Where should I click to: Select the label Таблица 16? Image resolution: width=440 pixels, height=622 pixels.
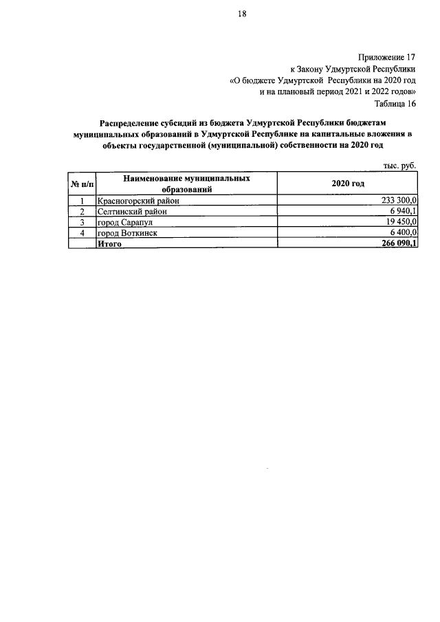point(395,104)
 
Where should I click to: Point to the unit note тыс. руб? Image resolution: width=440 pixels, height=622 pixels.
point(400,165)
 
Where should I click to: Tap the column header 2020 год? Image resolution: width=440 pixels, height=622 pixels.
point(348,184)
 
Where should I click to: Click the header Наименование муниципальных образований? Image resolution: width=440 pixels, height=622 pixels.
point(186,184)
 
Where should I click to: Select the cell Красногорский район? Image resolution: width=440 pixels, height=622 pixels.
point(138,200)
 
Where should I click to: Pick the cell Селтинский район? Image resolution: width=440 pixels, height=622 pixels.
point(132,212)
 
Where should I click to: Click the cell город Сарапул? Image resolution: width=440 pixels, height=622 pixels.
point(125,223)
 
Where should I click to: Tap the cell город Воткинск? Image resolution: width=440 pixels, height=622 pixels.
point(128,234)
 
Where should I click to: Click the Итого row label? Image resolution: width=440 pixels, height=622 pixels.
point(110,244)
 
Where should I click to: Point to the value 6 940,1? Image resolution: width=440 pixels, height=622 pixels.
point(403,212)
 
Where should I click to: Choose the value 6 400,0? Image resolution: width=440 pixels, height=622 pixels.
point(403,234)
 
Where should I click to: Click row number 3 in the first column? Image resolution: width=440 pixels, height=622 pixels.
point(82,223)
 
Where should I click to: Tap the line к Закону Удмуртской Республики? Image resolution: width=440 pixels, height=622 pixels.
point(353,69)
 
